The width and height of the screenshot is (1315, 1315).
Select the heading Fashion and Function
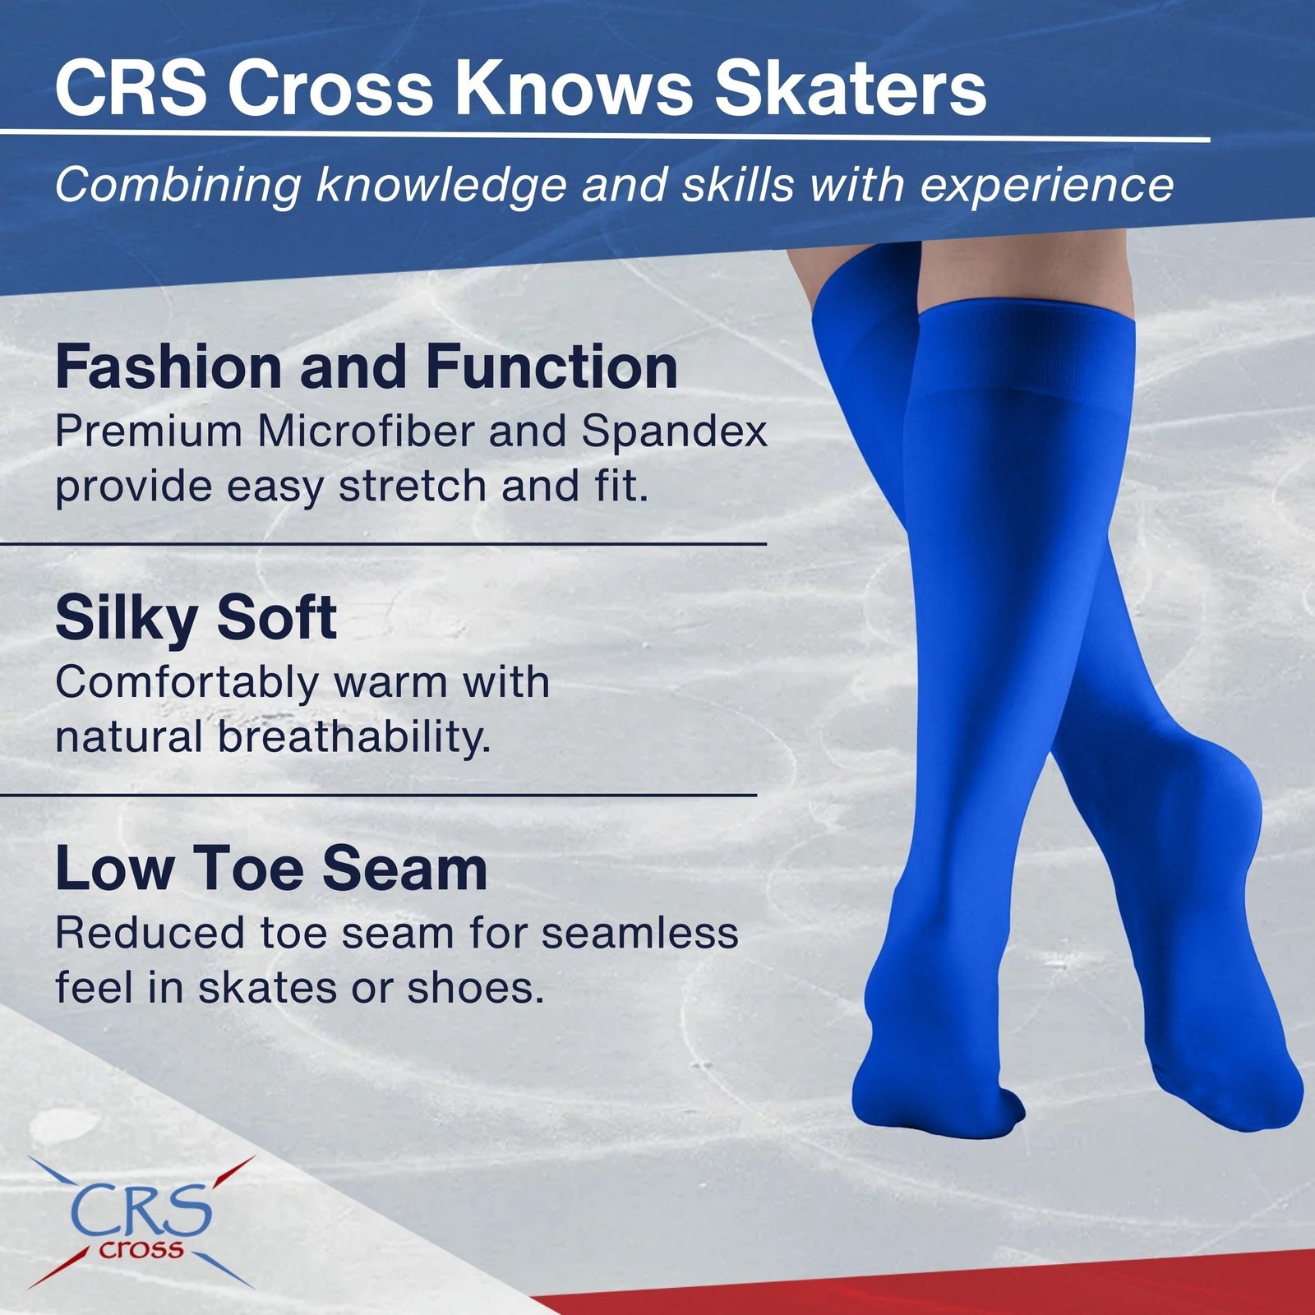pyautogui.click(x=367, y=367)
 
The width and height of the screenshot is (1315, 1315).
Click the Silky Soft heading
pyautogui.click(x=196, y=618)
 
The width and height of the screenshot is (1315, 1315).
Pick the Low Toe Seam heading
pyautogui.click(x=271, y=870)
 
